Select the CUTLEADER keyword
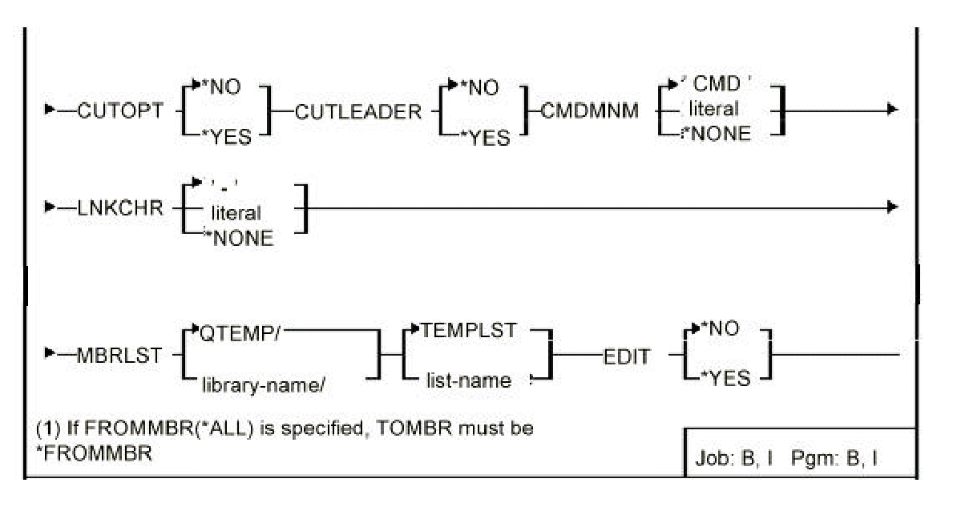click(x=357, y=112)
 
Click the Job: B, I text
click(x=733, y=461)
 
